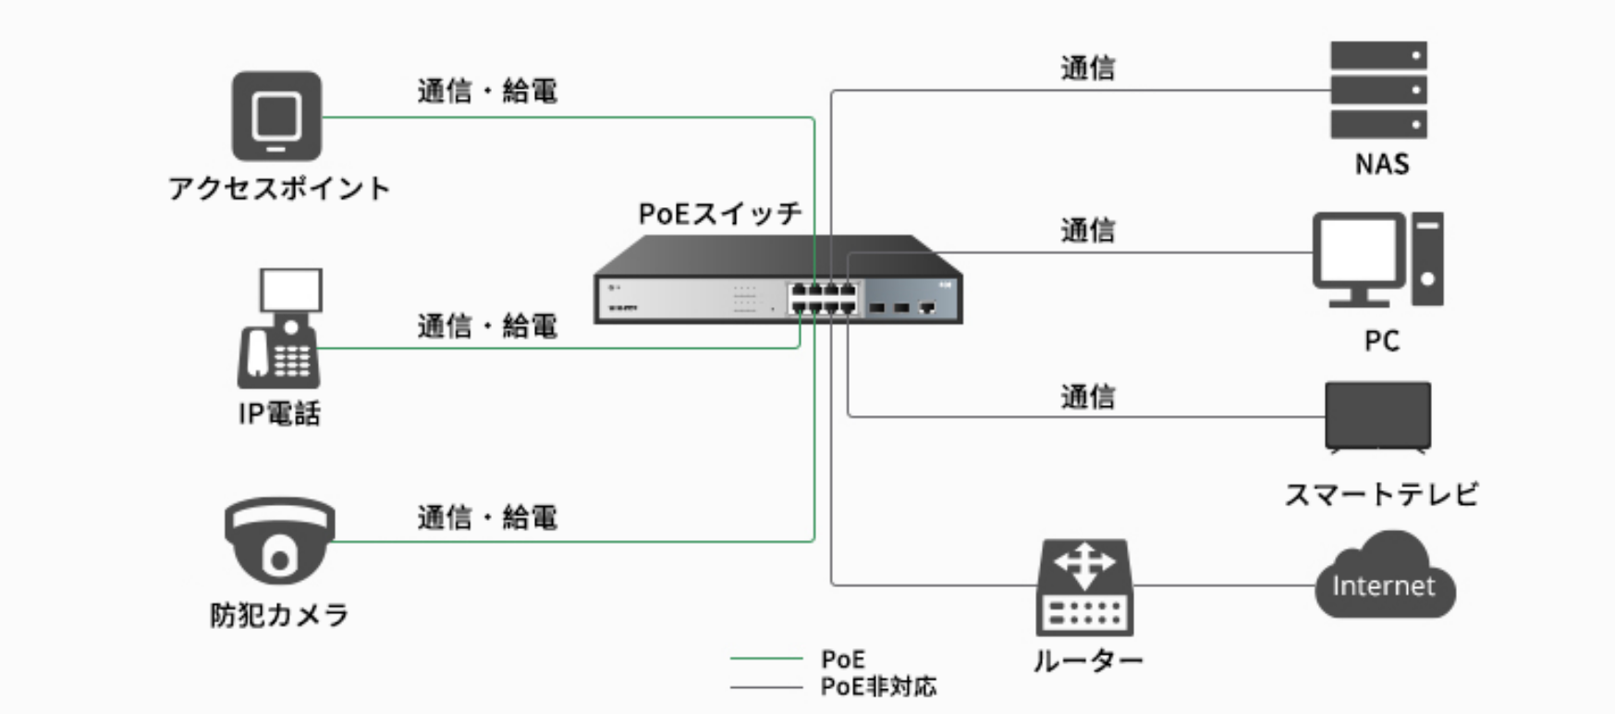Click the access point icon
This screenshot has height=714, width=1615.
point(276,117)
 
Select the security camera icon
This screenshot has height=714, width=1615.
point(279,541)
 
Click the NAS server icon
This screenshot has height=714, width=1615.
point(1378,90)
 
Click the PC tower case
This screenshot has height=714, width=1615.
point(1426,259)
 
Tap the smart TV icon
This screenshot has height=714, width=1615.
point(1377,416)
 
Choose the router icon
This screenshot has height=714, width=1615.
point(1084,586)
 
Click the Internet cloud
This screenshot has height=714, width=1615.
point(1384,578)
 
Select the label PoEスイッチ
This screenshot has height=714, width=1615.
point(720,214)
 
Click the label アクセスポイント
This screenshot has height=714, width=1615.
point(279,189)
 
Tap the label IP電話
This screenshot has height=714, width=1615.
point(279,412)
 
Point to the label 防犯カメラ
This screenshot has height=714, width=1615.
point(279,615)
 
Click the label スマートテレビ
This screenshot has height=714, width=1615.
point(1381,495)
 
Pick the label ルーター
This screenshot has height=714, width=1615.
point(1087,660)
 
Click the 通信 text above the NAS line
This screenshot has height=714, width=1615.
point(1087,68)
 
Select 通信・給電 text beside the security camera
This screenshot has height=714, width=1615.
point(487,517)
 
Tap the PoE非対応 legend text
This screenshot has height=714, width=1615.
point(878,686)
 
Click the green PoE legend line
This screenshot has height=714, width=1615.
point(765,659)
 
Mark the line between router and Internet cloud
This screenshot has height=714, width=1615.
point(1224,585)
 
